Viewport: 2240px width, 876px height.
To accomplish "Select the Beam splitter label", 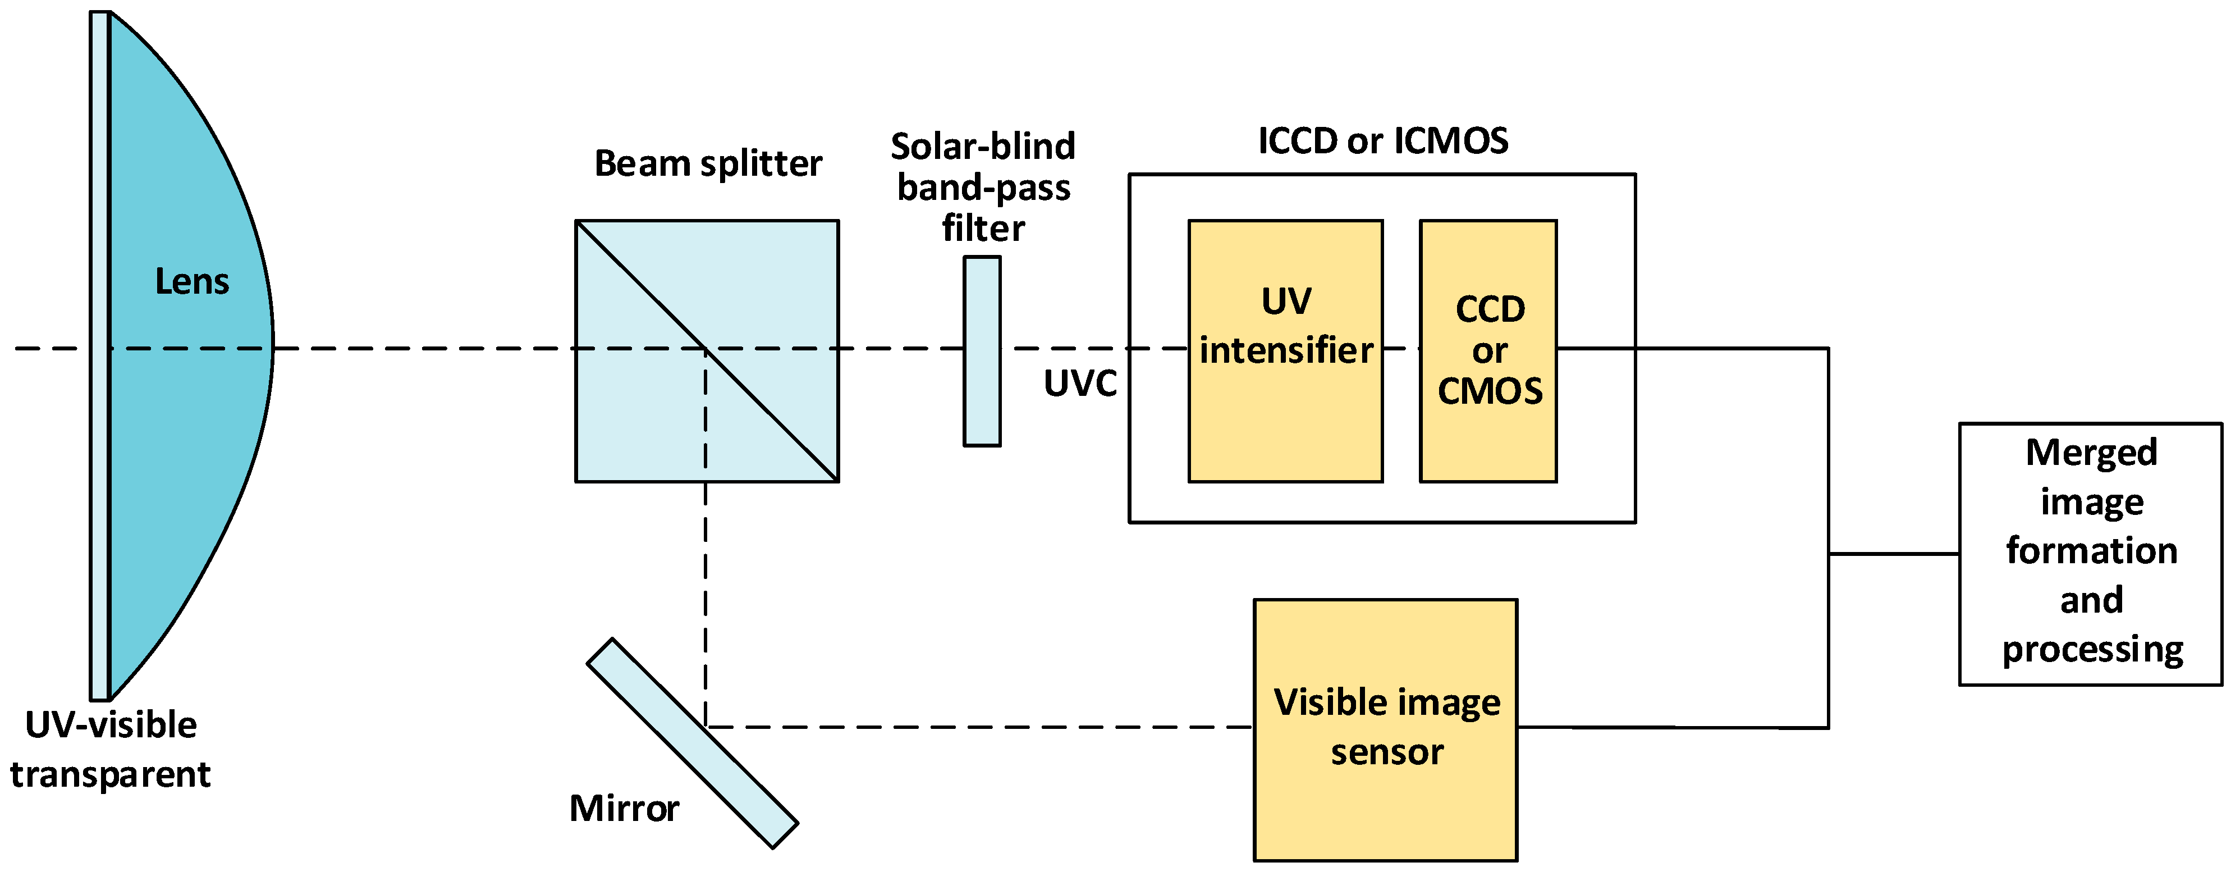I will pos(708,163).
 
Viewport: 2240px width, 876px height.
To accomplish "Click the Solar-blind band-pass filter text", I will pos(983,187).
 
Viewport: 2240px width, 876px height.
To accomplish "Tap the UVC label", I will pos(1080,384).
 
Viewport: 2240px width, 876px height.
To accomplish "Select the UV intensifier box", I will pos(1285,418).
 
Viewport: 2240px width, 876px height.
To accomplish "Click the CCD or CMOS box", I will pos(1488,435).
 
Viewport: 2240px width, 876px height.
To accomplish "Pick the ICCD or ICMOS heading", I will pos(1382,141).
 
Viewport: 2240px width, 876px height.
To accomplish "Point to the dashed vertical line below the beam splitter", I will pos(705,600).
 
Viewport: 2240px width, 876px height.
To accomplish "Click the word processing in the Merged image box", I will pos(2092,650).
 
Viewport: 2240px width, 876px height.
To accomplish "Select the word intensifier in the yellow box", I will pos(1286,350).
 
